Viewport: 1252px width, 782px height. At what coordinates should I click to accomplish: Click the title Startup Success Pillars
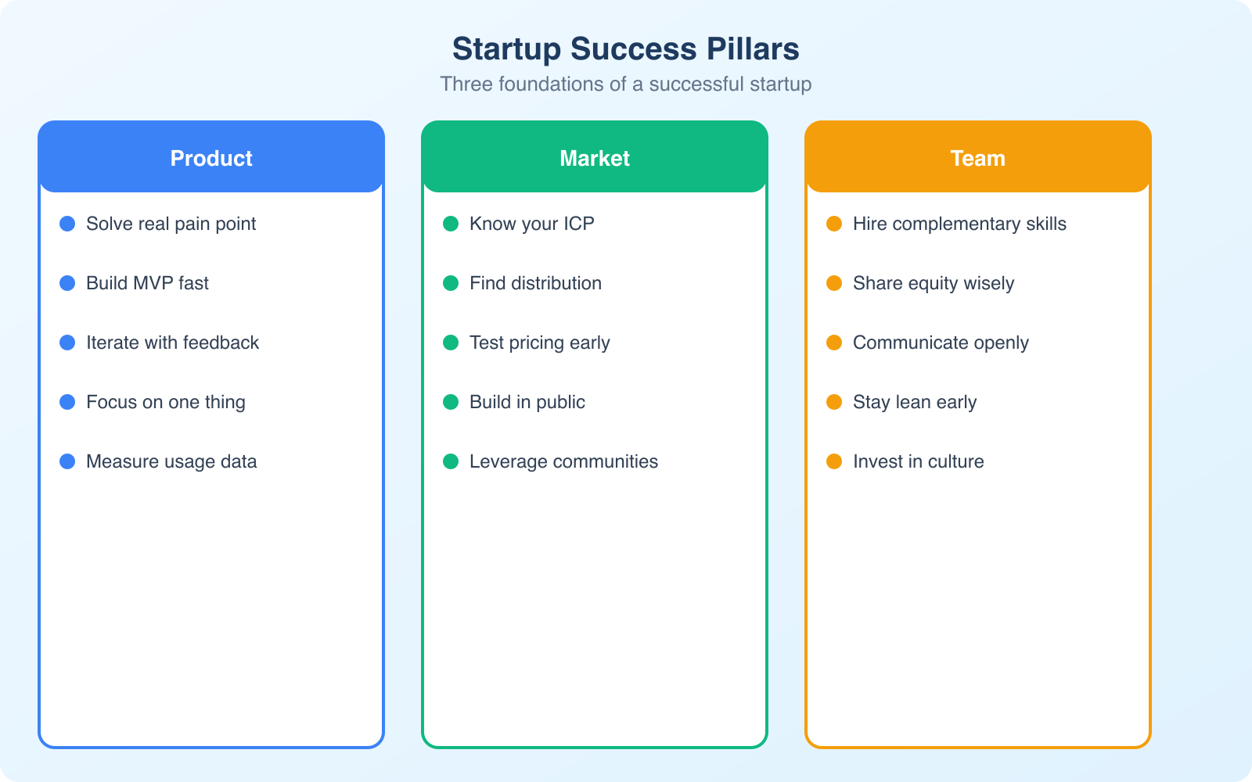pos(625,48)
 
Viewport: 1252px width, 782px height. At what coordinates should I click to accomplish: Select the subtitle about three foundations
pos(625,84)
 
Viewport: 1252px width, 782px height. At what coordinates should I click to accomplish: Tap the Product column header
pos(211,158)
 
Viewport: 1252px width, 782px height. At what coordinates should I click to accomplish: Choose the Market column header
pos(595,158)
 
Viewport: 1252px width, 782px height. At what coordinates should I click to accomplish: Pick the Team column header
pos(978,158)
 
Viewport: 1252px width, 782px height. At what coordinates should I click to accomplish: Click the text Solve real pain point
pos(171,224)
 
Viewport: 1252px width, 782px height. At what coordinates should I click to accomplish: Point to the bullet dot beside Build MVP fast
pos(67,283)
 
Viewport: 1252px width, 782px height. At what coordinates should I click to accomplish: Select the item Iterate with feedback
pos(172,343)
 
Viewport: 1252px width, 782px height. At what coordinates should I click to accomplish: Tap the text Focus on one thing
pos(165,402)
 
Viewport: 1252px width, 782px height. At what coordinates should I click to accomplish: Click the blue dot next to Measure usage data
pos(67,461)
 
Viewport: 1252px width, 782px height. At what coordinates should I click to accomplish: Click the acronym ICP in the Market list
pos(578,224)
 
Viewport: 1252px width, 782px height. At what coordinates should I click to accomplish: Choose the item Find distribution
pos(535,283)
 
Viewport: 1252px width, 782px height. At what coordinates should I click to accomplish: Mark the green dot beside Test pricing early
pos(451,343)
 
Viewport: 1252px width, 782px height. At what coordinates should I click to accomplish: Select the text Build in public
pos(527,402)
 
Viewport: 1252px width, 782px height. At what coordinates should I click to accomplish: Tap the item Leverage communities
pos(563,461)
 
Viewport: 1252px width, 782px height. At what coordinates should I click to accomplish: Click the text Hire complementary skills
pos(959,224)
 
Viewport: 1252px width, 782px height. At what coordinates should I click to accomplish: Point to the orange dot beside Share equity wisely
pos(834,283)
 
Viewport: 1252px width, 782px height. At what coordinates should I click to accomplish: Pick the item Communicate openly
pos(941,343)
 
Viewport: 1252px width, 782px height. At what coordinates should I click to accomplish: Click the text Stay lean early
pos(915,402)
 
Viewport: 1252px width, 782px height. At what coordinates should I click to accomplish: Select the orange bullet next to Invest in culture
pos(834,461)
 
